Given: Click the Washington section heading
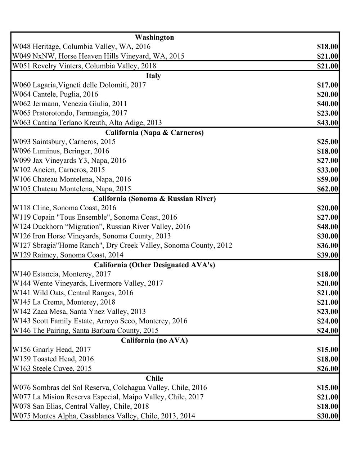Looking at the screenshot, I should (154, 37).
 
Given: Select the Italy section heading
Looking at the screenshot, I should (153, 76).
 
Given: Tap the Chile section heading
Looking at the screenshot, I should (154, 378).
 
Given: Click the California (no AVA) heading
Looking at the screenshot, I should (154, 340).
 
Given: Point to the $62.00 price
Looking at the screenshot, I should (327, 189).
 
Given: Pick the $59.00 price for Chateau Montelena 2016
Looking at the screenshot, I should (327, 179).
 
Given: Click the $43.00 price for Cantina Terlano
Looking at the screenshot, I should (327, 123).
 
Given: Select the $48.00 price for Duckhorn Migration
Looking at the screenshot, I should (327, 227).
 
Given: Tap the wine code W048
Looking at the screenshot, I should (22, 47).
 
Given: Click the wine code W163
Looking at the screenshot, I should (22, 368).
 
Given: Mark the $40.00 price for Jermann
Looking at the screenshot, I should (327, 104).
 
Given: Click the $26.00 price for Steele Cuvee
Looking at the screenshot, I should (327, 369).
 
